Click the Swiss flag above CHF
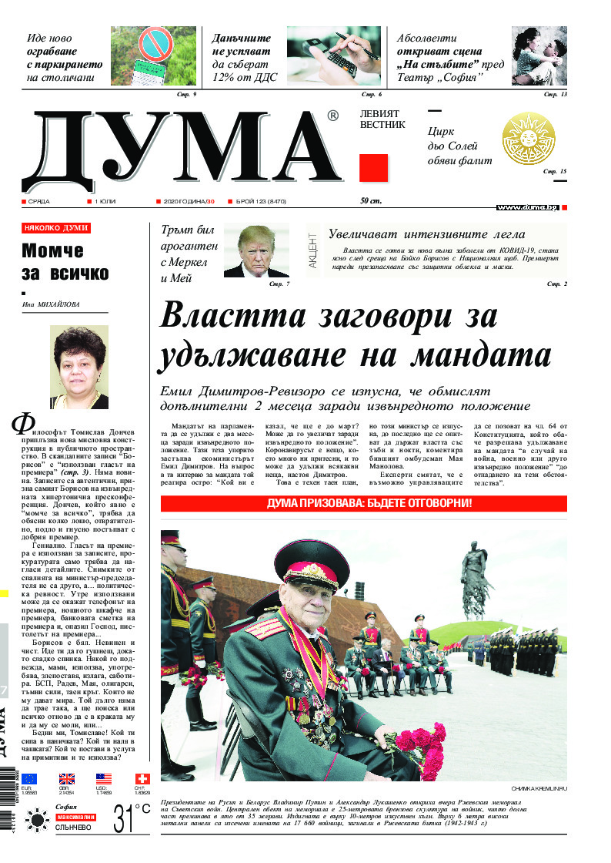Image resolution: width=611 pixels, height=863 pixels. tap(142, 779)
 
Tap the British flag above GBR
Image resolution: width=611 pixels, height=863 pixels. tap(67, 779)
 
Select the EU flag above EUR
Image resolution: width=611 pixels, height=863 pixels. tap(29, 779)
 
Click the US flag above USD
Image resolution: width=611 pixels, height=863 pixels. tap(104, 779)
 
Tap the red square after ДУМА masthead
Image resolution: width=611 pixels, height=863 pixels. tap(373, 168)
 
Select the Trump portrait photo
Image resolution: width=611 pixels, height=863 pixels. tap(257, 251)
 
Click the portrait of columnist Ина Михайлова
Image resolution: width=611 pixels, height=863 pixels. tap(79, 368)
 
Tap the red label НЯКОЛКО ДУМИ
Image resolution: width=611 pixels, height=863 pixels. tap(56, 228)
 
